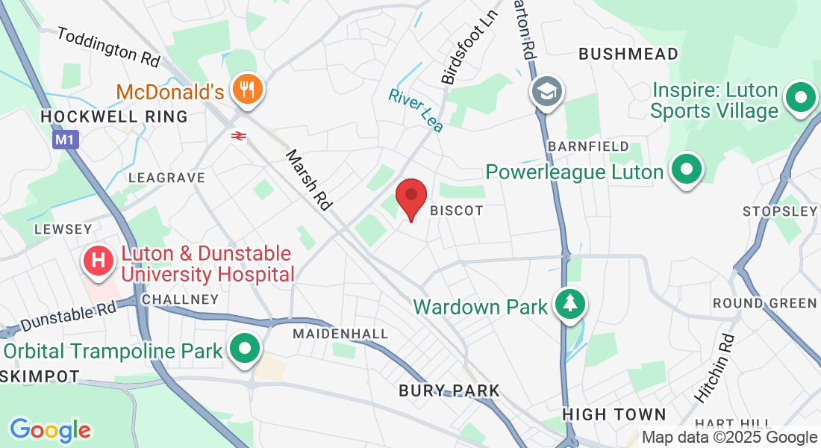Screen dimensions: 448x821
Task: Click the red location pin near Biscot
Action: point(410,198)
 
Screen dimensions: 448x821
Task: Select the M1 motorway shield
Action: point(63,140)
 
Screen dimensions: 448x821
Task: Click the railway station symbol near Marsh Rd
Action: point(239,136)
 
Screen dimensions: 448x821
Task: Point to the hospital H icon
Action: point(98,260)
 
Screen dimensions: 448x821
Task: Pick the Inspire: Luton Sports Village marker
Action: point(800,98)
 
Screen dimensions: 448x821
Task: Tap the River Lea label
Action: point(416,110)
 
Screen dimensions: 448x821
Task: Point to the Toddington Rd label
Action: point(108,46)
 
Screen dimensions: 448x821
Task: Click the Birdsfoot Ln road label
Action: point(468,47)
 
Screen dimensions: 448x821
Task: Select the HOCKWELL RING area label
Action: point(114,117)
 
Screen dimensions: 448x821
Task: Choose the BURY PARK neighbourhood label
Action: point(449,391)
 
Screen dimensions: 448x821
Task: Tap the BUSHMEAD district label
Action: point(628,54)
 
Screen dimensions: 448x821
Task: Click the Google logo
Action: point(50,430)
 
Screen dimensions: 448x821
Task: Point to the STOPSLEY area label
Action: point(780,211)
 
